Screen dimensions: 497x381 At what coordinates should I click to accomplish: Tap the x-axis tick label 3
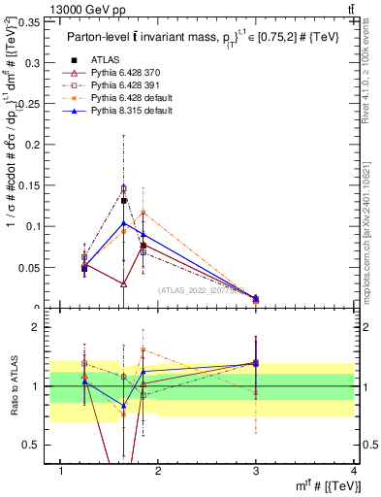coord(256,471)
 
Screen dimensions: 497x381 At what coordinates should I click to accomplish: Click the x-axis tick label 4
coord(354,471)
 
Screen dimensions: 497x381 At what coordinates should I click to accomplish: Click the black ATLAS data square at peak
coord(124,201)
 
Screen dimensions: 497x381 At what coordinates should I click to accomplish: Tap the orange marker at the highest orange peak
coord(143,212)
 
